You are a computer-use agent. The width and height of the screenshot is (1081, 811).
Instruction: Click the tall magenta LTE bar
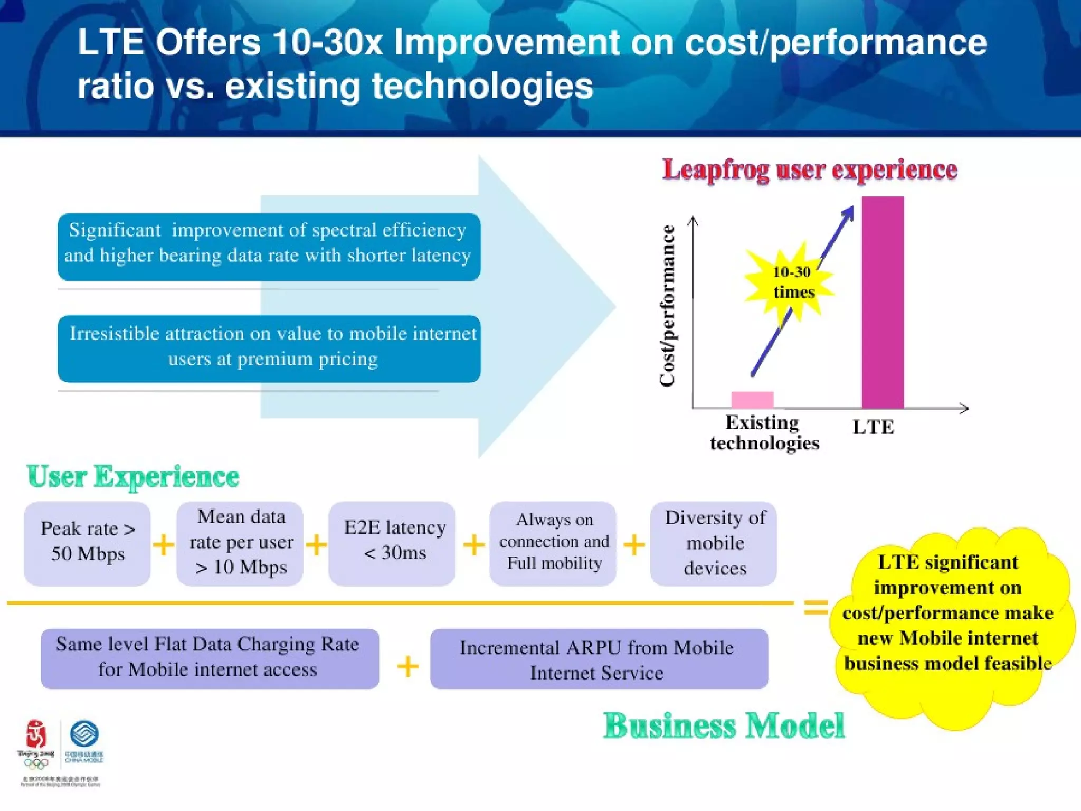[x=883, y=302]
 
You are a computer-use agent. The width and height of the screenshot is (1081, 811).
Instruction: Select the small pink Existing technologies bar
[x=752, y=399]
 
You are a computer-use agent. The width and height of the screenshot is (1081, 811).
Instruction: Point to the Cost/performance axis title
[x=668, y=306]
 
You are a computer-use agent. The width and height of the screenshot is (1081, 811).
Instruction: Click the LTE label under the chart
[x=874, y=427]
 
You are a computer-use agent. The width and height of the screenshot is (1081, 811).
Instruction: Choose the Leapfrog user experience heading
[x=810, y=170]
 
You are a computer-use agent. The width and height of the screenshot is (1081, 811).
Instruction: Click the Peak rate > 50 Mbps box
[x=88, y=542]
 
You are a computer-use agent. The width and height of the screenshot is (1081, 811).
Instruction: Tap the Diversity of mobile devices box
[x=714, y=542]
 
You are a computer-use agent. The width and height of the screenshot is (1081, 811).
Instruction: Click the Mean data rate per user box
[x=240, y=542]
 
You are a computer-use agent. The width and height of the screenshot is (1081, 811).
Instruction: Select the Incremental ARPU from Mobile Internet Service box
[x=599, y=659]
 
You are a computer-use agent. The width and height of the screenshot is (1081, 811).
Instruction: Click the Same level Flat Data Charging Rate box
[x=209, y=658]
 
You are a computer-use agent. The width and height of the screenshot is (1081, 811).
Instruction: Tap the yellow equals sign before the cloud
[x=816, y=607]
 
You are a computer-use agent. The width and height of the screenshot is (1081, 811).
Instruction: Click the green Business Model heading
[x=724, y=726]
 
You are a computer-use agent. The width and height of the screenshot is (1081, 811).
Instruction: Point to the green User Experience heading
[x=133, y=477]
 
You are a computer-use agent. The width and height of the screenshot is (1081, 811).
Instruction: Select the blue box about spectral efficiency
[x=269, y=246]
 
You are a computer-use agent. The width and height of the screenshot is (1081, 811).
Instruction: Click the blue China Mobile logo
[x=84, y=735]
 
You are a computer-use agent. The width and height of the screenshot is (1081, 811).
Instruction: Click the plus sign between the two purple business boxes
[x=407, y=666]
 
